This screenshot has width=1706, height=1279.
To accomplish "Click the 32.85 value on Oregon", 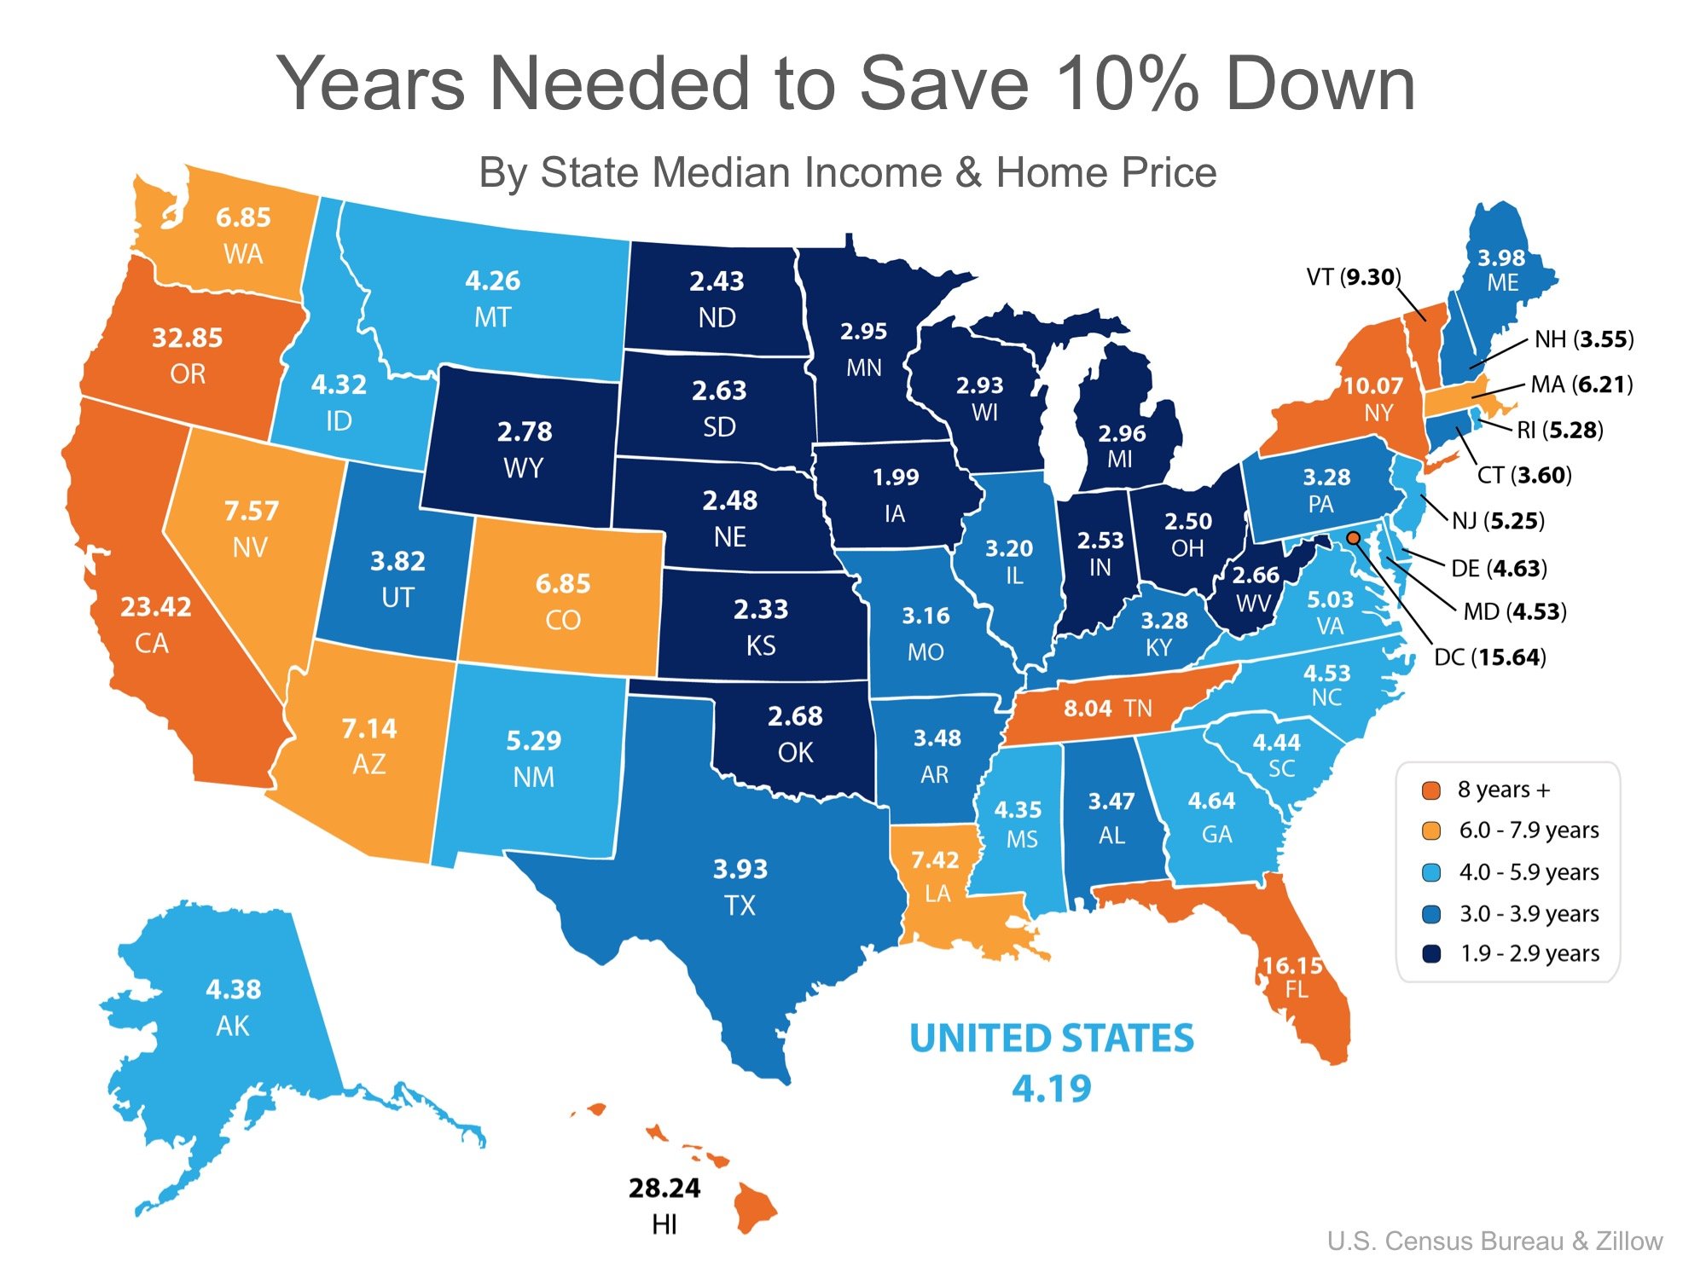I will [x=187, y=338].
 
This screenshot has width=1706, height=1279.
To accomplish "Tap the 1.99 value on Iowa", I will [x=896, y=477].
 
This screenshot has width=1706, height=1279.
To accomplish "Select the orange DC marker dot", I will [x=1353, y=537].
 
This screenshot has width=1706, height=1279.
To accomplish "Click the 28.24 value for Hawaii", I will [x=664, y=1188].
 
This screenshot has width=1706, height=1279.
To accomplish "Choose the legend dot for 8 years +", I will [x=1431, y=790].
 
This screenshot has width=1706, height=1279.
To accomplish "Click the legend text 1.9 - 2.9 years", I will [x=1529, y=953].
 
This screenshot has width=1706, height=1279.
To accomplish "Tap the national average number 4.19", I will [x=1052, y=1089].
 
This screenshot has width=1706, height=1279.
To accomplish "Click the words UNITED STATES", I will [x=1052, y=1039].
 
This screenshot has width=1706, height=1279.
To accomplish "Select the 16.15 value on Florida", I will [x=1292, y=965].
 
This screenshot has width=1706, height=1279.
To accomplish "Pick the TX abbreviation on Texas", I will [x=740, y=905].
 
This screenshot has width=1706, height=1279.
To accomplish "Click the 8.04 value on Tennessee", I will [x=1088, y=709].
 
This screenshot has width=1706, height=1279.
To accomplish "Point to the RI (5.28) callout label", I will [x=1560, y=430].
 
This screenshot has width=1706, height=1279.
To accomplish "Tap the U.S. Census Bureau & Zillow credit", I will [x=1494, y=1241].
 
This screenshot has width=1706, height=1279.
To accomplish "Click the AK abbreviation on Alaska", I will [x=233, y=1026].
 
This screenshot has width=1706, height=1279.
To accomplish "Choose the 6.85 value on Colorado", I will [x=563, y=584].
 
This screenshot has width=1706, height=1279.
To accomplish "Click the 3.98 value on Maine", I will [x=1501, y=258].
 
